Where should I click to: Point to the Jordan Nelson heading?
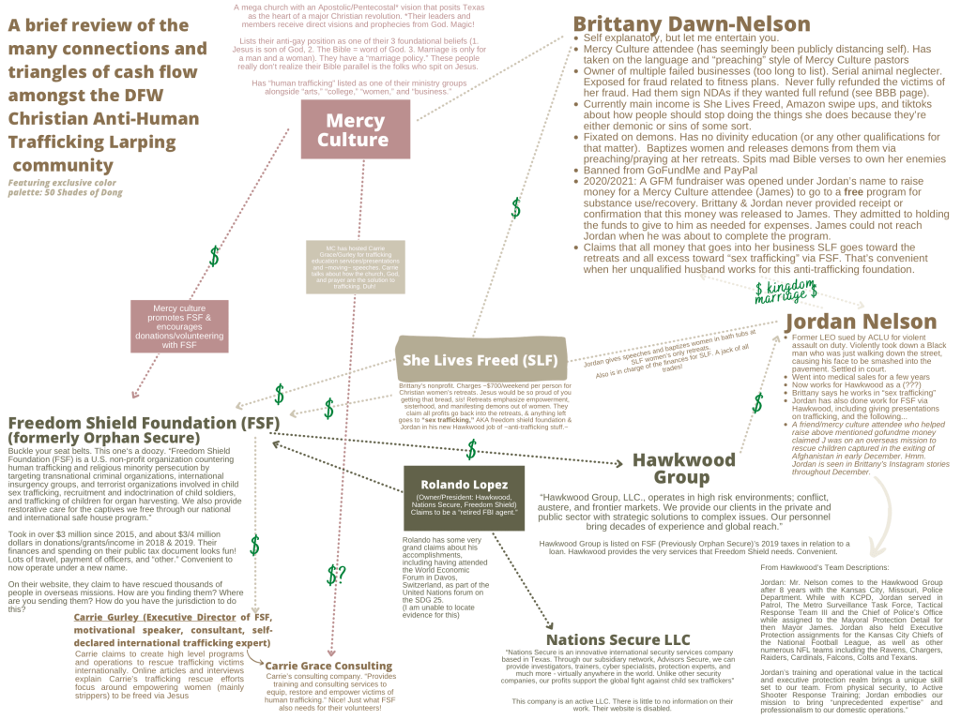(861, 322)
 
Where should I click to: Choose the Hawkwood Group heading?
(684, 469)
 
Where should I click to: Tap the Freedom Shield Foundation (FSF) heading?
(144, 423)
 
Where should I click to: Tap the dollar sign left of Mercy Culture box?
(214, 256)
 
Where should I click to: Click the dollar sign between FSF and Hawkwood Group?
(472, 449)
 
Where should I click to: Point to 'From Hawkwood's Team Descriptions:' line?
(831, 567)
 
